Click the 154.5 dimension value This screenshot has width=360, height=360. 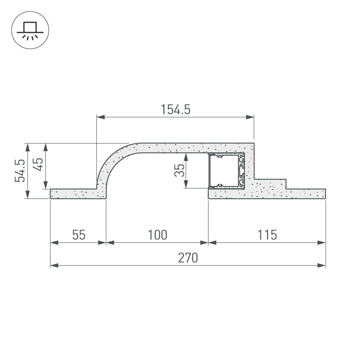(176, 109)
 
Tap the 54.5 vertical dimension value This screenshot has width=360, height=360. (20, 171)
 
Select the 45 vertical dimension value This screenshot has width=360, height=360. (38, 164)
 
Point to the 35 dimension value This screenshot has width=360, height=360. (179, 170)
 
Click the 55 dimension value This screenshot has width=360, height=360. (79, 235)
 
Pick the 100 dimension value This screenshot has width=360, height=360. (158, 235)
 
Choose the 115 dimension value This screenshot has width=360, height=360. (267, 235)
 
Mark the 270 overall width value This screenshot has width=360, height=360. (188, 258)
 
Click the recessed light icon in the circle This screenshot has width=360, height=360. (30, 30)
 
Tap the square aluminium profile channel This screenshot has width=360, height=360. (226, 171)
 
